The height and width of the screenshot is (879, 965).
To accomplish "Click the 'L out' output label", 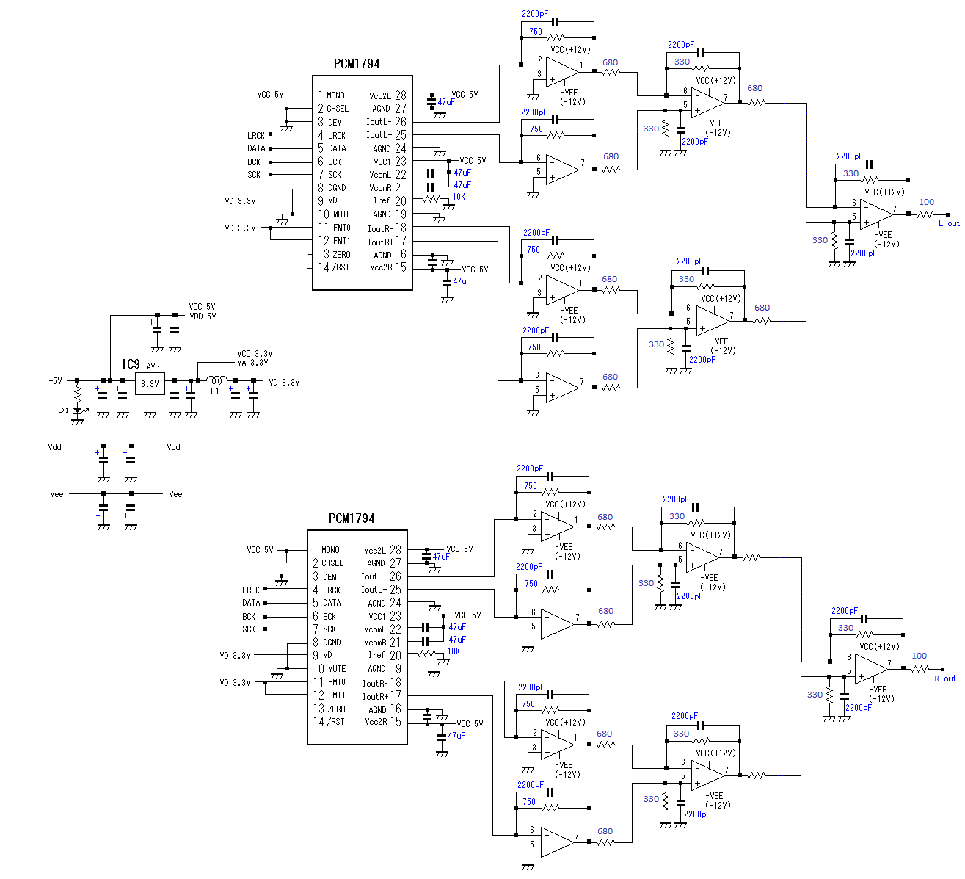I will point(949,223).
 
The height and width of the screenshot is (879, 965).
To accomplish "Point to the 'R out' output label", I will point(945,679).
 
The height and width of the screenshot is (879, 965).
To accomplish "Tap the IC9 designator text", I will point(131,364).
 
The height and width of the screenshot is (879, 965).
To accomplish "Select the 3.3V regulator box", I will point(150,383).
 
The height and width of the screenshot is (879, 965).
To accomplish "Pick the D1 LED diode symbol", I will point(77,411).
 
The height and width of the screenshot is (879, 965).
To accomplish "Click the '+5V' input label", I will point(55,381).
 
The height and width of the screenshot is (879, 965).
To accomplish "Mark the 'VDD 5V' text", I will point(203,316).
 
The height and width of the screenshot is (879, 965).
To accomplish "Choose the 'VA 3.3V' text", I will point(252,363).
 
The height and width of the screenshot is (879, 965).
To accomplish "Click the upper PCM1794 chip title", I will point(357,64).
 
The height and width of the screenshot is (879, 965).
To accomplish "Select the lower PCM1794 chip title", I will point(352,518).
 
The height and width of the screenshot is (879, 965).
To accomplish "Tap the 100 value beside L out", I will point(927,202).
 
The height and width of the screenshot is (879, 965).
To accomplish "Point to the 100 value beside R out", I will point(919,656).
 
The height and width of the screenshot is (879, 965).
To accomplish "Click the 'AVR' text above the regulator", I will point(153,366).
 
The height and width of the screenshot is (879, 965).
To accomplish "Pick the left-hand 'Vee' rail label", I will point(57,494).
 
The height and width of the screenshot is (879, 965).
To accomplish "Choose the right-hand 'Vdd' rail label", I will point(173,447).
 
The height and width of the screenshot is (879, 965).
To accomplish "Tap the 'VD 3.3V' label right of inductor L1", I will point(284,383).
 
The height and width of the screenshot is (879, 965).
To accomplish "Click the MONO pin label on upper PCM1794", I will point(335,95).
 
